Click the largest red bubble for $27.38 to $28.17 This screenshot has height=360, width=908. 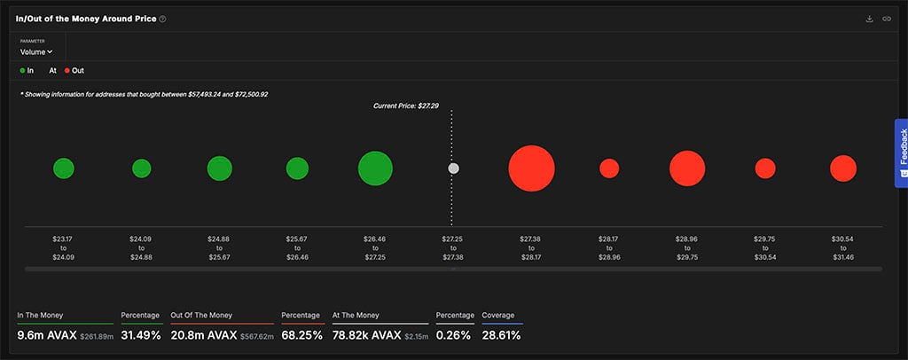pyautogui.click(x=531, y=168)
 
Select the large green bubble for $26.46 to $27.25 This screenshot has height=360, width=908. pyautogui.click(x=375, y=168)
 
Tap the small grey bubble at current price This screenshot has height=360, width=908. pyautogui.click(x=453, y=168)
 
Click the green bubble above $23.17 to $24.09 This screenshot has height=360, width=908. pyautogui.click(x=63, y=168)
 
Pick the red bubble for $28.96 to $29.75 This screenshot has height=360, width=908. pyautogui.click(x=687, y=168)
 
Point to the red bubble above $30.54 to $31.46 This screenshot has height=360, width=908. pyautogui.click(x=843, y=168)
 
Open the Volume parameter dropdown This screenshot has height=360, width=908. pyautogui.click(x=36, y=52)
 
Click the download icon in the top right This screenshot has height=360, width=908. pyautogui.click(x=869, y=19)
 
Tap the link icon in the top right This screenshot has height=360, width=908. pyautogui.click(x=886, y=19)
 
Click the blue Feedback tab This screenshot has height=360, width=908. pyautogui.click(x=901, y=152)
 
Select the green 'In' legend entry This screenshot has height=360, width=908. pyautogui.click(x=27, y=70)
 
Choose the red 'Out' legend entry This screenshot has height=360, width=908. pyautogui.click(x=74, y=70)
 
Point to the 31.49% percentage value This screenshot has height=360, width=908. pyautogui.click(x=140, y=336)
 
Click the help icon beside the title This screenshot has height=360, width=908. pyautogui.click(x=162, y=19)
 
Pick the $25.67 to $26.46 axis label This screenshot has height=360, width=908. pyautogui.click(x=297, y=247)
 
